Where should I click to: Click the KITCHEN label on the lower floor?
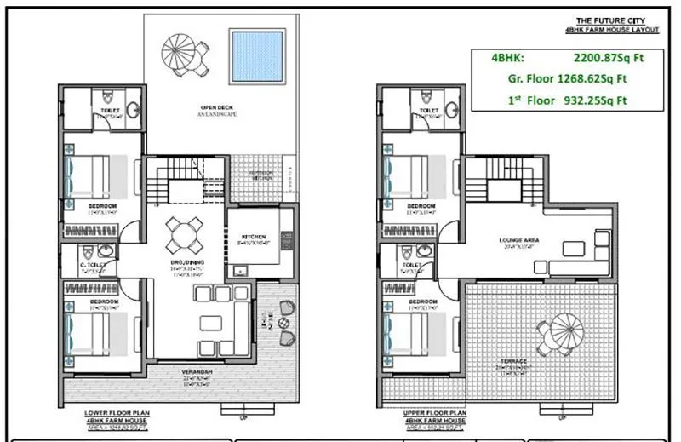pyautogui.click(x=253, y=236)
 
